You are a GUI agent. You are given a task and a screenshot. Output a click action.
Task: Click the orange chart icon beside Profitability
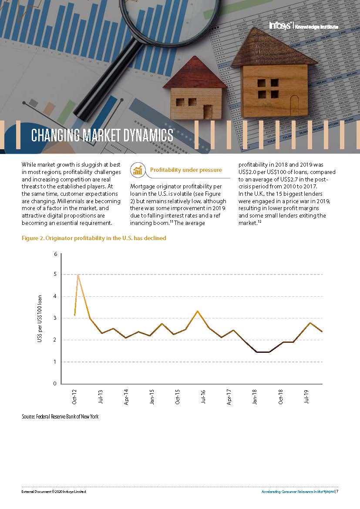138,170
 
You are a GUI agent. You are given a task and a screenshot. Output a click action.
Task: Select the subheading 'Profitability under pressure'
186,170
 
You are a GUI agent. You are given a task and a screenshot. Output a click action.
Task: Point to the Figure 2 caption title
94,238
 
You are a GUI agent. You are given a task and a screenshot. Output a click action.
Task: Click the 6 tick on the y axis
55,254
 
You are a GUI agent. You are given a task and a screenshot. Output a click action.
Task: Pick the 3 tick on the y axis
55,318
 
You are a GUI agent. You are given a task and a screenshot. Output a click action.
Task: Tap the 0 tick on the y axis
55,384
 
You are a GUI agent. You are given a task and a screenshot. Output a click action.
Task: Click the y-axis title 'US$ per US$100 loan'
40,318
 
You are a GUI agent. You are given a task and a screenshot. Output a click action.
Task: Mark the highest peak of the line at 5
78,275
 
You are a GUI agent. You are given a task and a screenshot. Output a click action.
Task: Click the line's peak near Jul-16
198,311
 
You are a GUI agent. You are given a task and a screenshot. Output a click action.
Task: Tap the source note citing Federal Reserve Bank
60,417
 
